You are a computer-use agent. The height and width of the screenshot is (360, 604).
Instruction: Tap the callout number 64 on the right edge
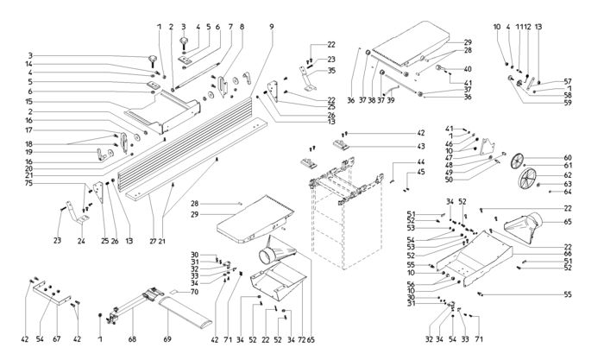tap(567, 193)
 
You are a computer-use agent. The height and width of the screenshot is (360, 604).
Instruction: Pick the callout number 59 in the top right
tap(568, 104)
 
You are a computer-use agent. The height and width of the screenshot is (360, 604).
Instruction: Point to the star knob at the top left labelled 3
tap(153, 59)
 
